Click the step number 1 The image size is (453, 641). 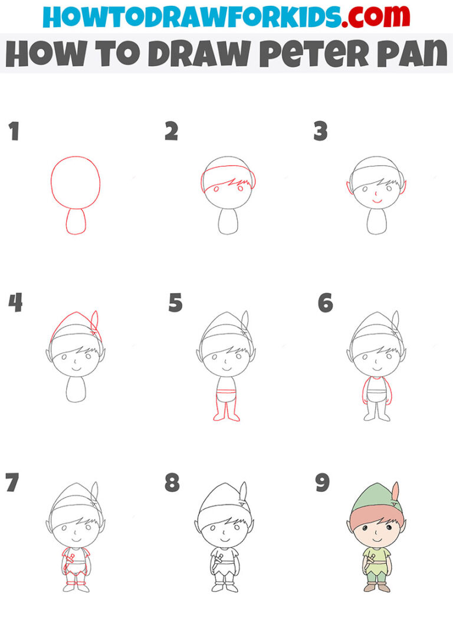tap(14, 132)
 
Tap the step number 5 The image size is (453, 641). tap(175, 303)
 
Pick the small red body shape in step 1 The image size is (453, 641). tap(75, 221)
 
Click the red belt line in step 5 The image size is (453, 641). tap(226, 392)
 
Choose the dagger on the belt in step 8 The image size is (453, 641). tap(217, 560)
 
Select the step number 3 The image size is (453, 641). tap(320, 132)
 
